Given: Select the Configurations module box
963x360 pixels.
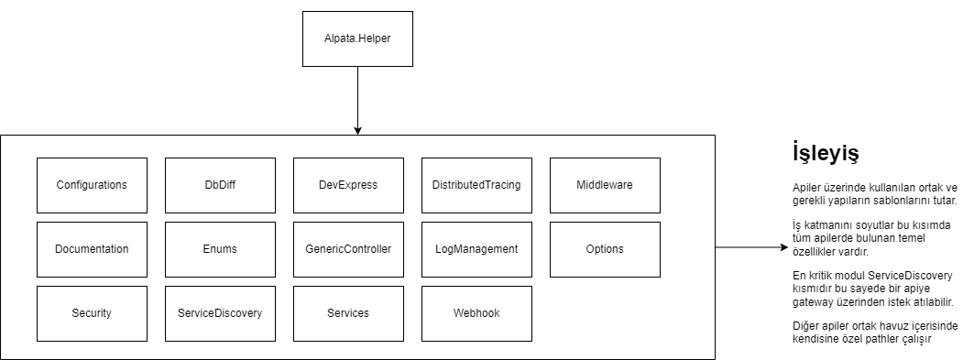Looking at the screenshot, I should pyautogui.click(x=92, y=185).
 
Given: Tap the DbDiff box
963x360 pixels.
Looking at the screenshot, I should pyautogui.click(x=220, y=185).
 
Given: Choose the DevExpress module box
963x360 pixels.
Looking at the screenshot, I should pyautogui.click(x=348, y=185).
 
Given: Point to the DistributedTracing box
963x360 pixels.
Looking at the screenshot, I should pyautogui.click(x=476, y=185).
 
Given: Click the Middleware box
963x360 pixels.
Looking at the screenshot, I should pyautogui.click(x=605, y=185).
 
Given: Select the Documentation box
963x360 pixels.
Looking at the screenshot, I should pyautogui.click(x=92, y=249).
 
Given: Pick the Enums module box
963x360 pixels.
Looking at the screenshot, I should pyautogui.click(x=220, y=249).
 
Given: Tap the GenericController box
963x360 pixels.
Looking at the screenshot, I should pyautogui.click(x=348, y=249).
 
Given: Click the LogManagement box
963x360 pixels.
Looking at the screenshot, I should pyautogui.click(x=476, y=249).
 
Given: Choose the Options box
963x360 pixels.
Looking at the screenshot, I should pyautogui.click(x=605, y=249).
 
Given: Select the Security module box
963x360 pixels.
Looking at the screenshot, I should pyautogui.click(x=92, y=313).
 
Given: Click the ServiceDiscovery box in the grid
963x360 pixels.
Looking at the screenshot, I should pyautogui.click(x=220, y=313).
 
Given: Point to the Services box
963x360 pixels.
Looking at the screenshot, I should pyautogui.click(x=348, y=313).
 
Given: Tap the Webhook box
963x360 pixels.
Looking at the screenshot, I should pyautogui.click(x=476, y=313).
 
